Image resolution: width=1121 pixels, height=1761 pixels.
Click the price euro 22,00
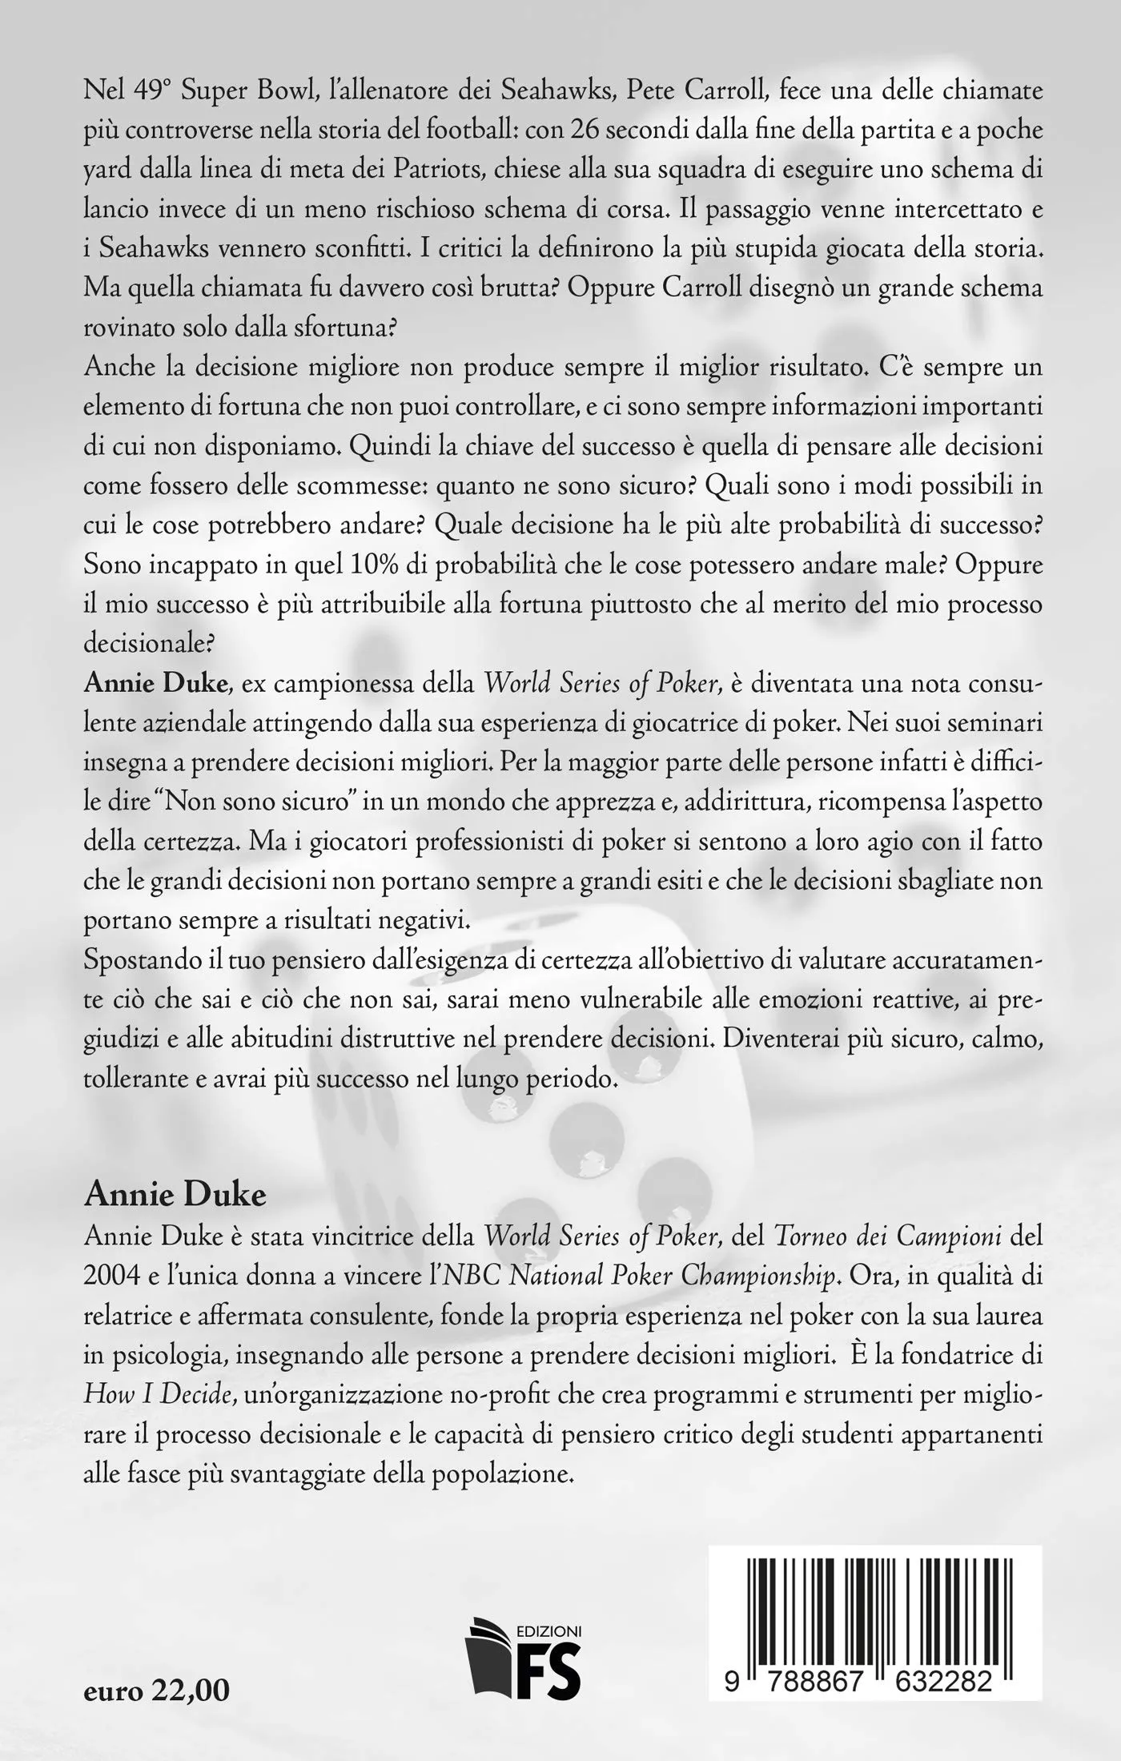click(156, 1663)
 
